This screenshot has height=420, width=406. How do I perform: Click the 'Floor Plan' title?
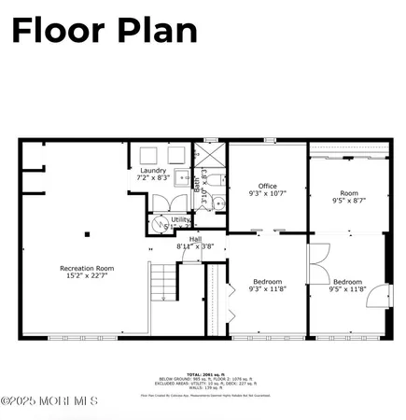pos(104,30)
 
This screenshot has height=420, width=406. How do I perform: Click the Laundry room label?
pos(153,171)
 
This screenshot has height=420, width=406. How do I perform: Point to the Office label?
pos(267,185)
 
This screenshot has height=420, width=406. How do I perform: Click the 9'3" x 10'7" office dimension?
pos(267,193)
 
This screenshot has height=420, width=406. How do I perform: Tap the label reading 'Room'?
pos(348,191)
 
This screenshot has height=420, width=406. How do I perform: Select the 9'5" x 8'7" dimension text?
pos(348,200)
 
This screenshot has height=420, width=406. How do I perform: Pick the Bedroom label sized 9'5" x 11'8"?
pos(348,281)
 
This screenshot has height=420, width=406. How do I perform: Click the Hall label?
pos(195,239)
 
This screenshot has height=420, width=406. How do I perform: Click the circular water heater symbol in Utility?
pos(156,224)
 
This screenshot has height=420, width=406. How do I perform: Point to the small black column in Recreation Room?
pos(88,234)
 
